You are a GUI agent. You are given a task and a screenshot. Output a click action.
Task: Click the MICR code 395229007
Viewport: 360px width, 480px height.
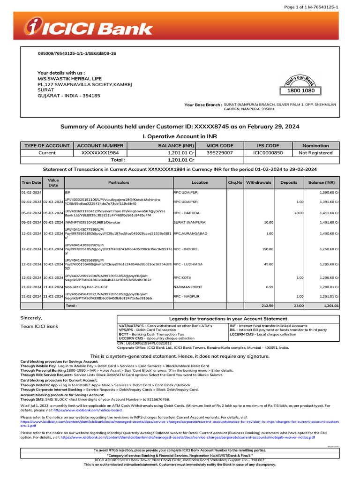coord(220,153)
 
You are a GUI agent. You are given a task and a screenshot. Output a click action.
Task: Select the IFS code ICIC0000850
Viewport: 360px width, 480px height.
coord(268,153)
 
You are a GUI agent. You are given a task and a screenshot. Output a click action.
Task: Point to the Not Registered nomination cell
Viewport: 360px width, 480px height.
coord(315,153)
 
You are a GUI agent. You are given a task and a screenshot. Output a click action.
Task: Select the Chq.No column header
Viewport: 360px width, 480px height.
coord(235,182)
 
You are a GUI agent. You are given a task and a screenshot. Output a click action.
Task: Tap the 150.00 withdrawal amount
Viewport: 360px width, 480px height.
coord(267,249)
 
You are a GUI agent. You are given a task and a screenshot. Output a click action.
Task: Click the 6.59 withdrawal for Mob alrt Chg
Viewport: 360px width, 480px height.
coord(269,286)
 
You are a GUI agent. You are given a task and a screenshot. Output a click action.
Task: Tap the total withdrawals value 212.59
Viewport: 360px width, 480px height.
coord(267,306)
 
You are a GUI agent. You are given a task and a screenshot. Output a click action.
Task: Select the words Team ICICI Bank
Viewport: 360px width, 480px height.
coord(39,326)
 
